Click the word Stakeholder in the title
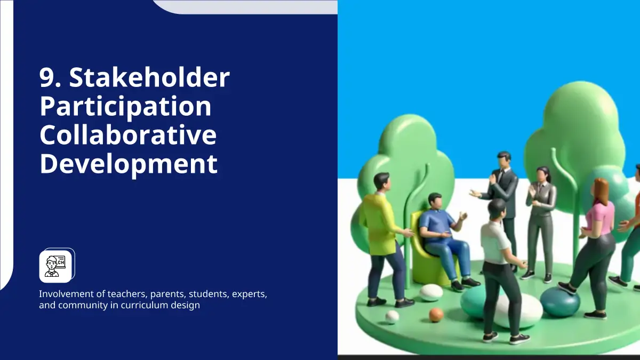coord(149,77)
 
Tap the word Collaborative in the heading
coord(128,134)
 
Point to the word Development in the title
coord(129,165)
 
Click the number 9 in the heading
coord(46,78)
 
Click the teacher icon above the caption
coord(55,266)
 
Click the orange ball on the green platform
coord(436,315)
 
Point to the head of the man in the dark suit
coord(503,161)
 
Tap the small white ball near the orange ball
coord(393,317)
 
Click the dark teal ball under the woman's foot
coord(560,302)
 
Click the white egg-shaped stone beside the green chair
coord(431,293)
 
